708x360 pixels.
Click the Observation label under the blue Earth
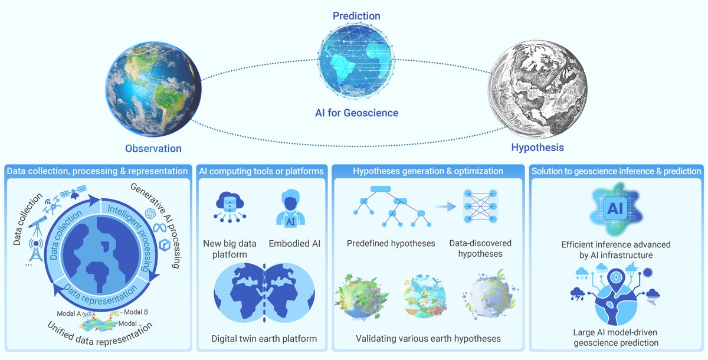click(153, 149)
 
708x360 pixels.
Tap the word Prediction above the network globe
click(356, 16)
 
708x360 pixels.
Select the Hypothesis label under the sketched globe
click(537, 148)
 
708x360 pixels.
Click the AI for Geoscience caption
click(356, 113)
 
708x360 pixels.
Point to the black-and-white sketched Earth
click(537, 89)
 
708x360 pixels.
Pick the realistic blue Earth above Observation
click(153, 89)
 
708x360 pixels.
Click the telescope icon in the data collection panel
click(37, 225)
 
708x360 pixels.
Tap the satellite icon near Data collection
click(73, 192)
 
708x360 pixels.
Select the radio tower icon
click(36, 250)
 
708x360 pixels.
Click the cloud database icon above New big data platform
click(230, 207)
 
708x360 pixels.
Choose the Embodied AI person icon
click(290, 208)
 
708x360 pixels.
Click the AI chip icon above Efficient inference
click(615, 208)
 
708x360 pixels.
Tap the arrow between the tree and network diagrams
click(445, 207)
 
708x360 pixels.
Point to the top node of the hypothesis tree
click(381, 189)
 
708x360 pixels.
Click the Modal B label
click(136, 312)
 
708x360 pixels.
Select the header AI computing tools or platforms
click(261, 171)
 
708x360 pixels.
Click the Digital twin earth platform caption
click(264, 339)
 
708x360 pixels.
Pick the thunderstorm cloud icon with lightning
click(578, 294)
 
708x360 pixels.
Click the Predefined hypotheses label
click(391, 243)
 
